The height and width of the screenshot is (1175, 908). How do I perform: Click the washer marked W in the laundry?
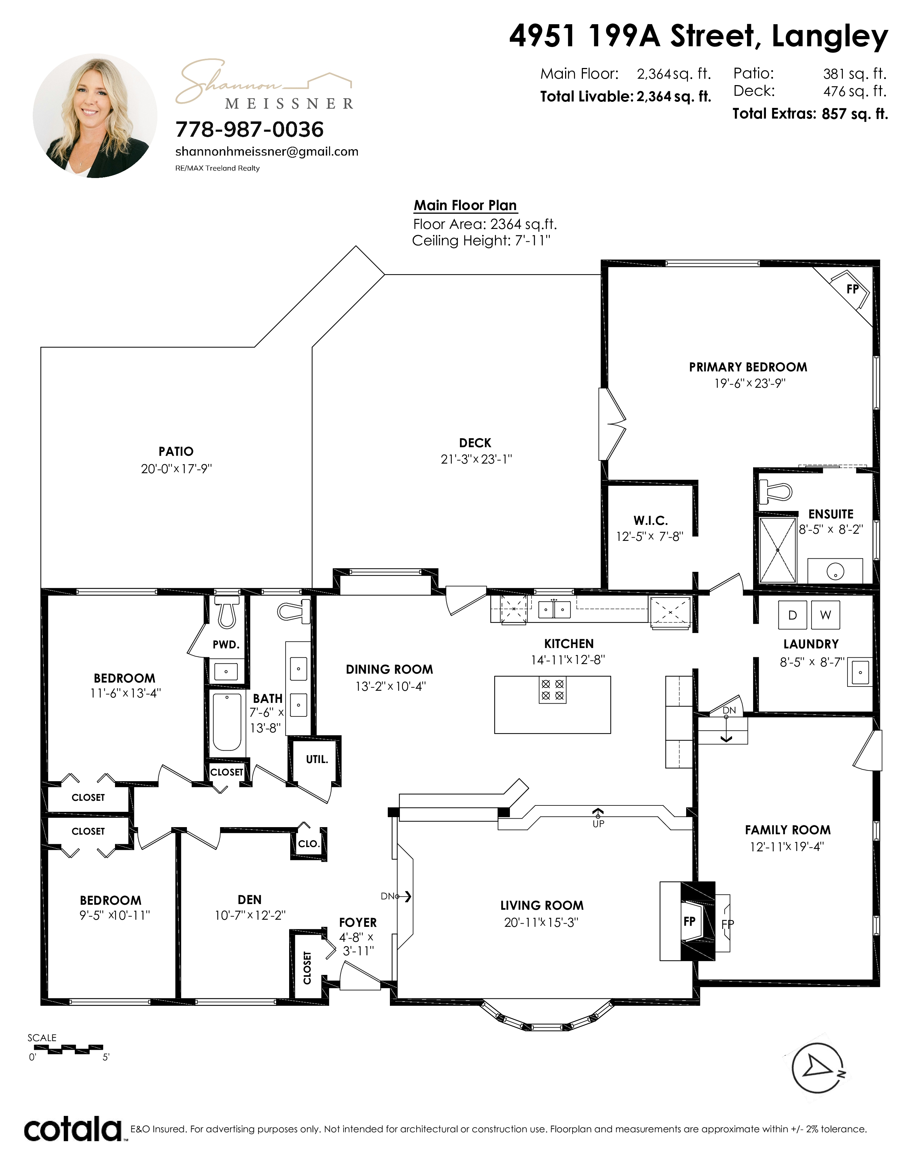[825, 615]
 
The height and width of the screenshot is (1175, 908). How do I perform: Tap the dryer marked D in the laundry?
[792, 615]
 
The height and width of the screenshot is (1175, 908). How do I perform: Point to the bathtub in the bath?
[227, 721]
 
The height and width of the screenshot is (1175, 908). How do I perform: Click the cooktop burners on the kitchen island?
[552, 690]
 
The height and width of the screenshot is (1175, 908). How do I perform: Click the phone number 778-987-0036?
[250, 129]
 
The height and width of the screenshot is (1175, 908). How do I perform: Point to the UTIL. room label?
[317, 759]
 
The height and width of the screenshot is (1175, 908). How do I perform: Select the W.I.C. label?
[650, 520]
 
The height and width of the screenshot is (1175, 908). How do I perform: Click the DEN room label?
[250, 899]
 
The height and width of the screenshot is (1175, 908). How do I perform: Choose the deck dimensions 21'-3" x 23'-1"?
[476, 459]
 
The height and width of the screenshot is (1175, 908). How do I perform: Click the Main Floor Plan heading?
[465, 205]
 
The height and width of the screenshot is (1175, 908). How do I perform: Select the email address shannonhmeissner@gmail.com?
[267, 152]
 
